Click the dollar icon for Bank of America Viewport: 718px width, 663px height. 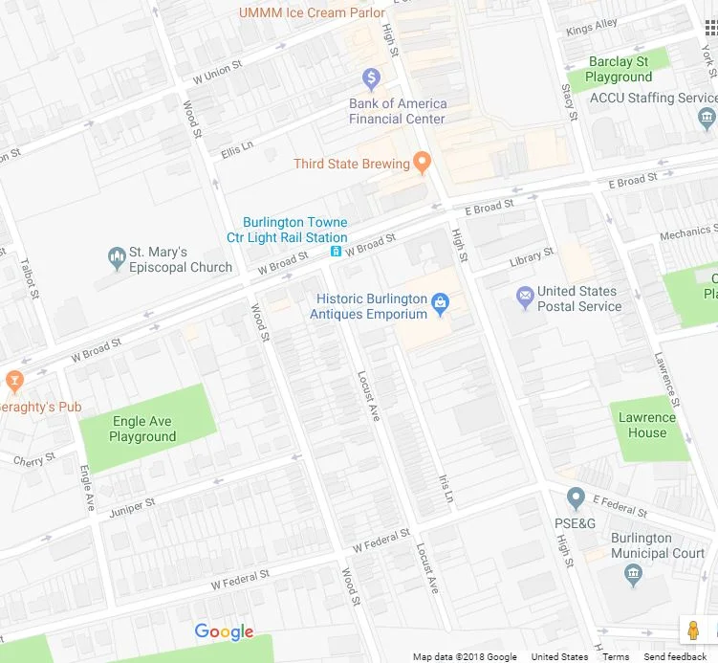point(371,77)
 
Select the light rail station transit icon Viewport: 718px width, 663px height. point(337,252)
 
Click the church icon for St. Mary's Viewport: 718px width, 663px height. point(117,257)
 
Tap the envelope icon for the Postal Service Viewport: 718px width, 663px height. point(524,298)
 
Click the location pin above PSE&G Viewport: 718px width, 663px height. point(576,498)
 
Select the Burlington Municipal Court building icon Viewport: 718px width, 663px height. point(633,574)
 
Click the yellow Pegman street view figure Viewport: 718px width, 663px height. point(693,630)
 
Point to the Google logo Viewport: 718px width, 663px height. point(224,631)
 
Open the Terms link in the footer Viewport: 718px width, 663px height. point(616,656)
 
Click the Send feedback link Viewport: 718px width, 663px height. point(675,656)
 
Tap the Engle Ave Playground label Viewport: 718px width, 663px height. point(142,429)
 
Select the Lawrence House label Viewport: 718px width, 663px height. point(647,425)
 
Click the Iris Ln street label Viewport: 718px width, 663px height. point(444,487)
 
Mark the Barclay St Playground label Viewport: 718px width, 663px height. point(619,69)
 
